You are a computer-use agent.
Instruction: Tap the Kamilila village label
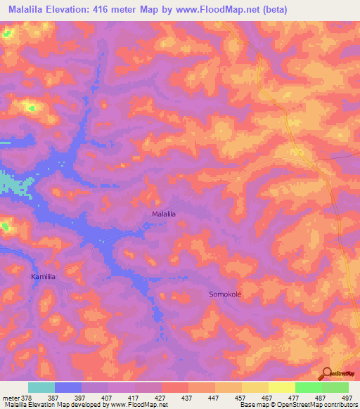pos(43,278)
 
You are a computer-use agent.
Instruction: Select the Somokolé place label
pos(225,294)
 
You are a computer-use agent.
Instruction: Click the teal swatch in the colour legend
pos(41,387)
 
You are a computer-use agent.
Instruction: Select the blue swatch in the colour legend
pos(67,387)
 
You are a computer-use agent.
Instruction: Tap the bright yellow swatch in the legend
pos(281,387)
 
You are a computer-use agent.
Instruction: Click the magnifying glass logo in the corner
pos(328,372)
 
